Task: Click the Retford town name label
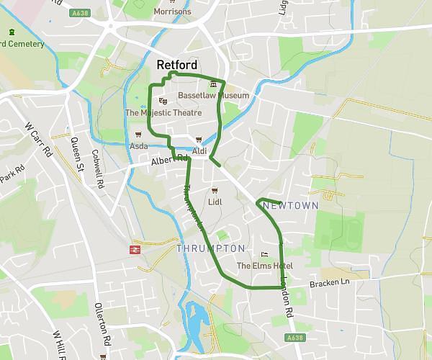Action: tap(177, 66)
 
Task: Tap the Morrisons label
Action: tap(173, 12)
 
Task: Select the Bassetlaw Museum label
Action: tap(213, 95)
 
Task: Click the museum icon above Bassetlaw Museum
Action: tap(212, 85)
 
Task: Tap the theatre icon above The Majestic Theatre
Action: tap(162, 101)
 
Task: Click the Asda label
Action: tap(138, 146)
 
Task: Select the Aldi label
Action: tap(199, 151)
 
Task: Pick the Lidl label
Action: tap(215, 202)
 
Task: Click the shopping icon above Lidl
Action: tap(214, 191)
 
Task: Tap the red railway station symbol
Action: tap(135, 249)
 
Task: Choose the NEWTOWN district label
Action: tap(291, 206)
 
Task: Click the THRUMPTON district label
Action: tap(210, 248)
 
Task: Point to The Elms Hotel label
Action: tap(264, 266)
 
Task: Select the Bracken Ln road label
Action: tap(329, 283)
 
